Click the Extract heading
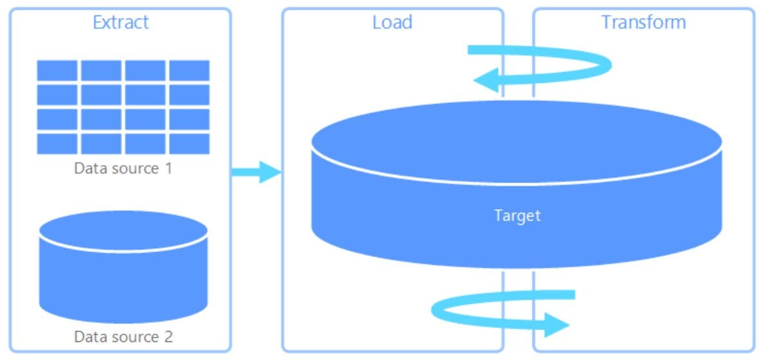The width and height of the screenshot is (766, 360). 121,22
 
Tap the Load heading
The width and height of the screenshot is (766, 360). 392,22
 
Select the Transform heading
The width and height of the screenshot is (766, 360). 643,22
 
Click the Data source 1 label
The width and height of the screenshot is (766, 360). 123,168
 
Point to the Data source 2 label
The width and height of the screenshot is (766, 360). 123,337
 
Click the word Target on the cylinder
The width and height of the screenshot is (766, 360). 517,215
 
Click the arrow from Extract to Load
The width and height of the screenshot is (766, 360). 256,172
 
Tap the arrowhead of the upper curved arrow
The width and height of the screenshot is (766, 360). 486,80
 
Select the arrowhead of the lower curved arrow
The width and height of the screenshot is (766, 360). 557,325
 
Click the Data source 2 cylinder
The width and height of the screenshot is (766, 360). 123,267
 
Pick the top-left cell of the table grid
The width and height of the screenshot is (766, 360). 57,70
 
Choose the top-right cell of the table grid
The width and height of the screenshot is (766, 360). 190,70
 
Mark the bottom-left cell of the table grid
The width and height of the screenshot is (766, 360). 57,143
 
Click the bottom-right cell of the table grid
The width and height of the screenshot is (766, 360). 190,143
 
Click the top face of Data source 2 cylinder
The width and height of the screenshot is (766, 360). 123,231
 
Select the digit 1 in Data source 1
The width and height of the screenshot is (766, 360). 168,168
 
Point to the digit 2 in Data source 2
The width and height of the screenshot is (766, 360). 168,337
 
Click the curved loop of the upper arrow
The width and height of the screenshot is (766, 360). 607,64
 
